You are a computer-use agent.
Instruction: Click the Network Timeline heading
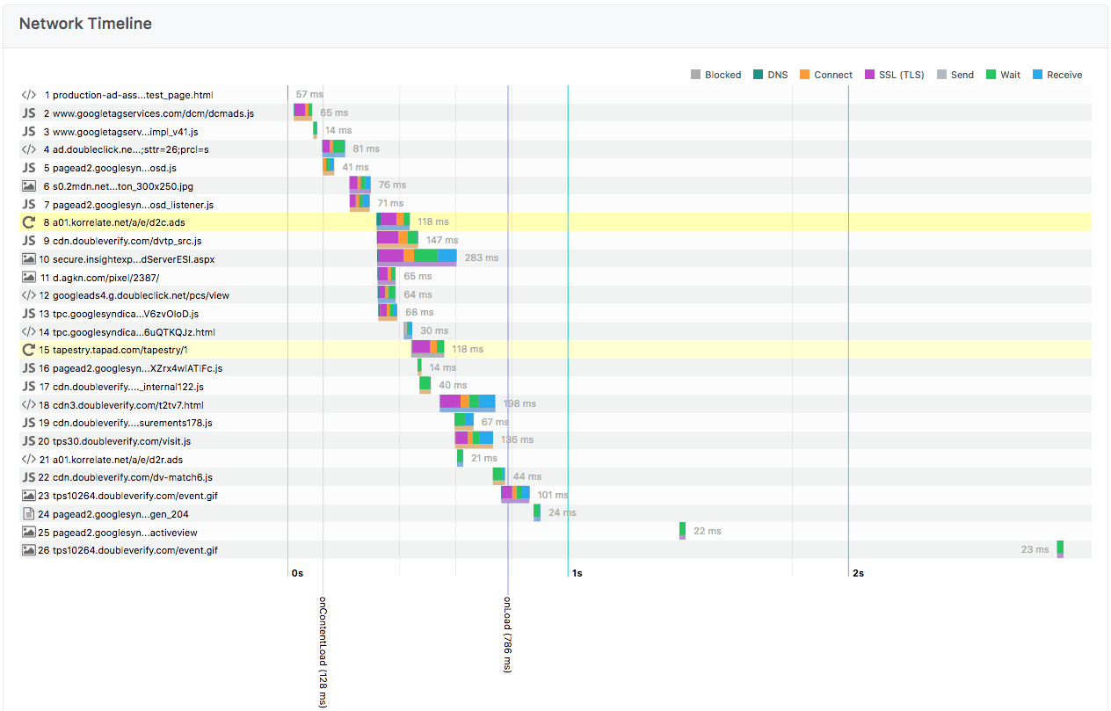pos(85,24)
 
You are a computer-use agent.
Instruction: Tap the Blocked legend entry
pos(715,75)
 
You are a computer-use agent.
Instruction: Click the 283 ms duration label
pos(481,258)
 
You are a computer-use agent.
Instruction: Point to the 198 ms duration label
pos(519,404)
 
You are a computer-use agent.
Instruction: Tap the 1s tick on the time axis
pos(577,573)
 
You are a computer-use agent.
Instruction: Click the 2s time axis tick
pos(857,573)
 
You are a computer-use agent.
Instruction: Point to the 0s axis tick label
pos(297,573)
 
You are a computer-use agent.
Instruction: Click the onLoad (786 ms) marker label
pos(507,635)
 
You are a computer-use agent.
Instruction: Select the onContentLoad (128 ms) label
pos(323,650)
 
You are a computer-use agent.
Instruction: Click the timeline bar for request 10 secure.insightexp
pos(417,256)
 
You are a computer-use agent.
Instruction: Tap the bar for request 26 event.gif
pos(1060,548)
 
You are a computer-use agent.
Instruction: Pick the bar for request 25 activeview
pos(682,530)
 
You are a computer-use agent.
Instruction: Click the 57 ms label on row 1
pos(309,94)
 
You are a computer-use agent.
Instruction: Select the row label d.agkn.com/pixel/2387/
pos(105,277)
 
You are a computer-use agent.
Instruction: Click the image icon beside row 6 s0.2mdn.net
pos(29,185)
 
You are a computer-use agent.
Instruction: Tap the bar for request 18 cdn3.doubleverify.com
pos(467,402)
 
